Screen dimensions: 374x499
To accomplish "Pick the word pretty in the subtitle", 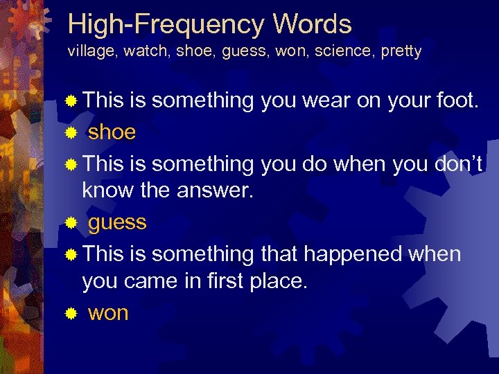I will pyautogui.click(x=401, y=53).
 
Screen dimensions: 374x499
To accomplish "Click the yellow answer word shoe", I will pyautogui.click(x=112, y=132).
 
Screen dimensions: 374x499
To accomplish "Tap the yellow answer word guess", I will pyautogui.click(x=117, y=223).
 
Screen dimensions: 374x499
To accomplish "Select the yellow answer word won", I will pyautogui.click(x=108, y=313).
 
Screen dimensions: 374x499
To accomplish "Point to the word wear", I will pyautogui.click(x=325, y=101).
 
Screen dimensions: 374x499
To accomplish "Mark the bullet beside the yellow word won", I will pyautogui.click(x=69, y=314).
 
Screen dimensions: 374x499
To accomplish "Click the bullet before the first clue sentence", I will pyautogui.click(x=69, y=102).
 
